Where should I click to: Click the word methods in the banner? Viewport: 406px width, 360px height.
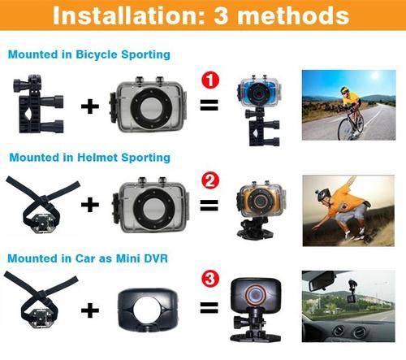pyautogui.click(x=293, y=15)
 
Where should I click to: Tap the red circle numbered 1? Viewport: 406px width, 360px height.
pyautogui.click(x=210, y=80)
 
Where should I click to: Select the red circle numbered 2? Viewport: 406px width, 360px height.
pyautogui.click(x=210, y=181)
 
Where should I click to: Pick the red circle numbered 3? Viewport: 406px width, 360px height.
pyautogui.click(x=210, y=279)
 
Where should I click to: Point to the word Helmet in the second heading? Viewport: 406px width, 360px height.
pyautogui.click(x=97, y=158)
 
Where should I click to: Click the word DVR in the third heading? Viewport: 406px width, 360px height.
pyautogui.click(x=156, y=258)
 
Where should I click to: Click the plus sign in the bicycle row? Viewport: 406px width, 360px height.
pyautogui.click(x=90, y=106)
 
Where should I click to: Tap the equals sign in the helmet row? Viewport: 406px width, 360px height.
pyautogui.click(x=209, y=205)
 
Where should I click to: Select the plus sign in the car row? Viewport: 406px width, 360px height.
pyautogui.click(x=90, y=310)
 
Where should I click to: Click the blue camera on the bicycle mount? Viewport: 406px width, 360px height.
pyautogui.click(x=259, y=92)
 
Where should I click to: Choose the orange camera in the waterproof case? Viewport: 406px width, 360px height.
pyautogui.click(x=261, y=199)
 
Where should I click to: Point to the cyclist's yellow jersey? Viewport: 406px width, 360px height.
pyautogui.click(x=351, y=100)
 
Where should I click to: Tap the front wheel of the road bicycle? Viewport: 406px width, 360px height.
pyautogui.click(x=347, y=129)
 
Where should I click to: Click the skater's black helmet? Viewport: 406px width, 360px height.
pyautogui.click(x=323, y=195)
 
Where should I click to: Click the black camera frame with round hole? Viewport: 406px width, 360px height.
pyautogui.click(x=148, y=310)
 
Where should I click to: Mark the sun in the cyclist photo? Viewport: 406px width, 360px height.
pyautogui.click(x=375, y=76)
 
